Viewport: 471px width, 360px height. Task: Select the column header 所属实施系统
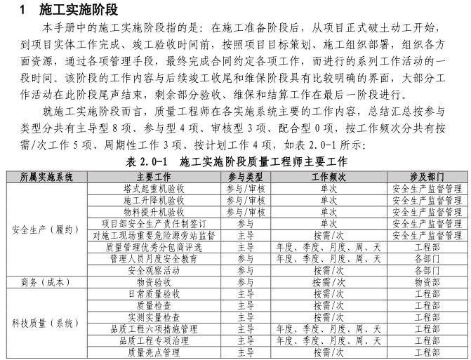coord(46,176)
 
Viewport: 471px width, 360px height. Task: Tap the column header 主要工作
coord(154,176)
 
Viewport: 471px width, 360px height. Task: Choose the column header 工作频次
coord(329,176)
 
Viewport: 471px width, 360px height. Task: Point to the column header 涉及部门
coord(427,176)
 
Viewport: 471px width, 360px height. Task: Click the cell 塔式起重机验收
coord(154,188)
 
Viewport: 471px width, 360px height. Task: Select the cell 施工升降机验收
coord(154,200)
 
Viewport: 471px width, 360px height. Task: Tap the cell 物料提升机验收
coord(154,211)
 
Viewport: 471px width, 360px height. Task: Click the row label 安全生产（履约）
coord(46,229)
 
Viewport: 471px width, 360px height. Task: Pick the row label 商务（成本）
coord(46,282)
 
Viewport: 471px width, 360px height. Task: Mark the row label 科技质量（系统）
coord(46,324)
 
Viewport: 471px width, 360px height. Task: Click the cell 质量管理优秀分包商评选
coord(154,247)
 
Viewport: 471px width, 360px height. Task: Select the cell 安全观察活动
coord(154,270)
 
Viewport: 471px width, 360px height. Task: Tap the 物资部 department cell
coord(427,282)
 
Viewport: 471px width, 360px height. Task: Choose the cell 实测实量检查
coord(154,317)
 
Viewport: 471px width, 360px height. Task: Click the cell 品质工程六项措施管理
coord(154,328)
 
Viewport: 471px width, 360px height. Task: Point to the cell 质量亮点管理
coord(154,352)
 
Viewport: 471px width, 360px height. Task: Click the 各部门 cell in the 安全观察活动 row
coord(427,270)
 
